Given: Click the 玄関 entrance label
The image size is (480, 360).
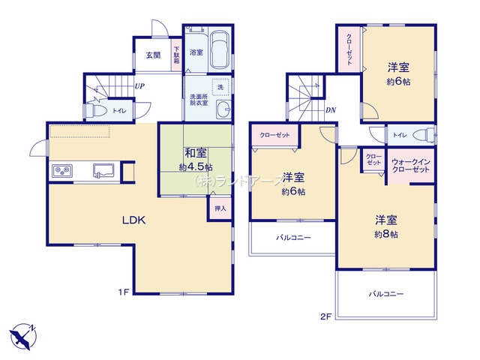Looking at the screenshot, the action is pyautogui.click(x=153, y=55).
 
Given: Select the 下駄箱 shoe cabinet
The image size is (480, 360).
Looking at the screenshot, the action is pyautogui.click(x=177, y=55).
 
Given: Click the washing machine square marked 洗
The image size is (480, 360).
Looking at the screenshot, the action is pyautogui.click(x=220, y=88).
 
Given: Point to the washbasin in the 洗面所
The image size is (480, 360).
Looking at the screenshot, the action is pyautogui.click(x=223, y=110).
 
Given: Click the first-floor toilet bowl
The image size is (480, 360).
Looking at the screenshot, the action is pyautogui.click(x=94, y=110).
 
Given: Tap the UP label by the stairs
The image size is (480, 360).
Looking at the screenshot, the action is pyautogui.click(x=139, y=86).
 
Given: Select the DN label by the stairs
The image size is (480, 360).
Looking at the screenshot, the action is pyautogui.click(x=331, y=110).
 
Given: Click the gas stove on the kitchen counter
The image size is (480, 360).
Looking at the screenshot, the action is pyautogui.click(x=62, y=171).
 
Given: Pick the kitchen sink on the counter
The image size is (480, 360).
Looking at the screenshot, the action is pyautogui.click(x=103, y=170).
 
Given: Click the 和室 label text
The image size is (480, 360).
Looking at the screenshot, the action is pyautogui.click(x=196, y=153).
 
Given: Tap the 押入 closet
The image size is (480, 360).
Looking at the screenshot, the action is pyautogui.click(x=220, y=208).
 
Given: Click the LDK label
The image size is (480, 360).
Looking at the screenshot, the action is pyautogui.click(x=133, y=220).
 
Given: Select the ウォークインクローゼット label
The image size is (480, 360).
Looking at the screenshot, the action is pyautogui.click(x=410, y=166).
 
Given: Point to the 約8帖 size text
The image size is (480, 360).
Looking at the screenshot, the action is pyautogui.click(x=386, y=235).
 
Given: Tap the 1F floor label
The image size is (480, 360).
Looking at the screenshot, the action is pyautogui.click(x=124, y=292).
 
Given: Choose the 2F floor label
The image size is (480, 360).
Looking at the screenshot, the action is pyautogui.click(x=326, y=316).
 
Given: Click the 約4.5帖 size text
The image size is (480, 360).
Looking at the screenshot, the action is pyautogui.click(x=196, y=167).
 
